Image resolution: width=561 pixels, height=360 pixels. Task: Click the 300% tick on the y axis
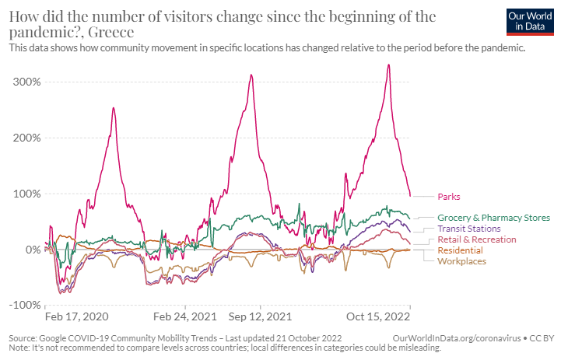pyautogui.click(x=26, y=82)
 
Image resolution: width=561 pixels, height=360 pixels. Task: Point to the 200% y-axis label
pyautogui.click(x=26, y=138)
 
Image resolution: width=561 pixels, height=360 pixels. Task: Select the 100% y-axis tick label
pyautogui.click(x=26, y=194)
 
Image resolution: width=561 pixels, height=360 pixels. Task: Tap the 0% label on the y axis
pyautogui.click(x=32, y=250)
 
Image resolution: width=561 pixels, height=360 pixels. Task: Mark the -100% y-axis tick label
pyautogui.click(x=24, y=306)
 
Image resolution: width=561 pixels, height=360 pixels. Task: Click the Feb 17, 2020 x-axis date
pyautogui.click(x=76, y=317)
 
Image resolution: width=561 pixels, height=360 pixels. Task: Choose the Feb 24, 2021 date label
pyautogui.click(x=185, y=317)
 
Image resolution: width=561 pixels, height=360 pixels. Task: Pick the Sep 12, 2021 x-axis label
pyautogui.click(x=261, y=317)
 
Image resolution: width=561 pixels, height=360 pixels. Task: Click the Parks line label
pyautogui.click(x=449, y=197)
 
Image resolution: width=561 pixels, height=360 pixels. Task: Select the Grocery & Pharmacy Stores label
pyautogui.click(x=493, y=218)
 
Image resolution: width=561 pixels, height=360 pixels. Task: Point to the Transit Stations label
pyautogui.click(x=468, y=229)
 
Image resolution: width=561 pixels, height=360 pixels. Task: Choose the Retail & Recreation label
pyautogui.click(x=476, y=239)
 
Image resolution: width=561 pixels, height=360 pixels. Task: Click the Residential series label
pyautogui.click(x=460, y=250)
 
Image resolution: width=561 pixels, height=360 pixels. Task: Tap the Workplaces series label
pyautogui.click(x=461, y=261)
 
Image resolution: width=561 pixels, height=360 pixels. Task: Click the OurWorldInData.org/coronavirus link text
pyautogui.click(x=457, y=338)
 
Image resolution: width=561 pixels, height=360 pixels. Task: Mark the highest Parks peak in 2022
pyautogui.click(x=388, y=65)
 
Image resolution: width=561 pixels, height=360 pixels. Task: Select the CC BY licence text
pyautogui.click(x=543, y=338)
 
